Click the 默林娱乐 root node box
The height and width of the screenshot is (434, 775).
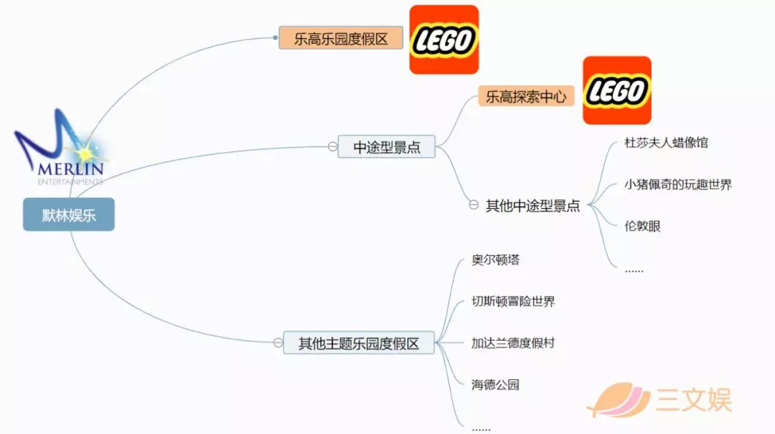point(69,214)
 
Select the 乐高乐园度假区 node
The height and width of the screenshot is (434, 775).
point(341,38)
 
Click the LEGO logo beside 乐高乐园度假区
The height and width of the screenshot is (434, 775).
point(444,39)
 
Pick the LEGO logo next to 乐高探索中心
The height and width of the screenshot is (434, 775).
point(617,90)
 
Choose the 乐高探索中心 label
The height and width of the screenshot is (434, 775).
point(526,96)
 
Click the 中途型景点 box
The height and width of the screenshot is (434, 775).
point(387,147)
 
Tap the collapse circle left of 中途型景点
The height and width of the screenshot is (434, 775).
point(333,146)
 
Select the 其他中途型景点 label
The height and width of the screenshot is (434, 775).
point(532,206)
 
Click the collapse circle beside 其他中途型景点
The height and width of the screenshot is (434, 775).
point(474,204)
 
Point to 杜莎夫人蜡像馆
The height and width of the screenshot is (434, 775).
point(666,143)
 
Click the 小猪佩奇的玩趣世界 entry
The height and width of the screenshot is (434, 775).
point(677,185)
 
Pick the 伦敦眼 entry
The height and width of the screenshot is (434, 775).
point(642,227)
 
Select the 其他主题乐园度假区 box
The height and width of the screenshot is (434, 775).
point(359,343)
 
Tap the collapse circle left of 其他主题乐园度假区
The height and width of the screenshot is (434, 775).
point(278,342)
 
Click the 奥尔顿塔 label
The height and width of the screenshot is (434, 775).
point(495,260)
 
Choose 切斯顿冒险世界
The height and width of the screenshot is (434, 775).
point(513,301)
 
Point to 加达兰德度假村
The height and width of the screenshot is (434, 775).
point(513,343)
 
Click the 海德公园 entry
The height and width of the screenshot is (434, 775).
point(495,385)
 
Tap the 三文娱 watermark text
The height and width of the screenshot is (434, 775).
point(694,400)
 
